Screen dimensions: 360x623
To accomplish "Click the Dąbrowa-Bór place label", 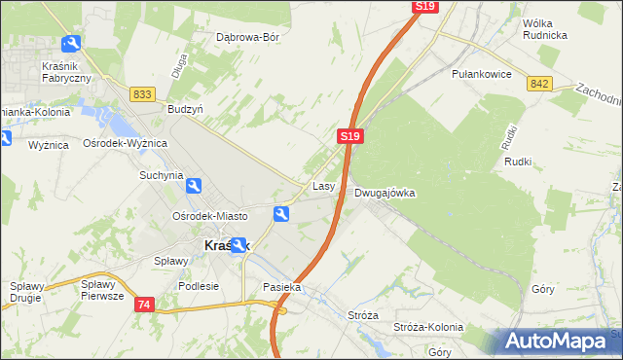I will pos(247,38).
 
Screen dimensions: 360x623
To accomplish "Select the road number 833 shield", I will pos(142,93).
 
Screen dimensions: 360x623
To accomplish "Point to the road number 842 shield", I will pos(540,84).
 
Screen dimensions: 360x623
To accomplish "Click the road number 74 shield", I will pos(145,305).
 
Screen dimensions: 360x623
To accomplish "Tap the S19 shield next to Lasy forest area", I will pos(352,137).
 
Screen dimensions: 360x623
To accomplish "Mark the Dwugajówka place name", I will pos(385,193).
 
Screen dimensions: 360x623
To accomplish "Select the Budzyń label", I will pos(185,110).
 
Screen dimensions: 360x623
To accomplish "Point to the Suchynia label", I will pos(161,176).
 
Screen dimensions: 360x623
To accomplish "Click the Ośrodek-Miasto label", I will pos(209,216).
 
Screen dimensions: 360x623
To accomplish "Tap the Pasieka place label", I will pos(282,288).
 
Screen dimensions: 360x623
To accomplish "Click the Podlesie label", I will pos(199,286).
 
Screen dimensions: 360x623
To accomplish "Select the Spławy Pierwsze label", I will pos(102,291).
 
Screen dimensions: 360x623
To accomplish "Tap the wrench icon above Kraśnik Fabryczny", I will pos(71,44).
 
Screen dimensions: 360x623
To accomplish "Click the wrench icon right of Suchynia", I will pos(193,186).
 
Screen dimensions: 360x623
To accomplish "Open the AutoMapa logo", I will pos(556,341).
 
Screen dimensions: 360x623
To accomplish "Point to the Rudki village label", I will pos(517,162).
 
